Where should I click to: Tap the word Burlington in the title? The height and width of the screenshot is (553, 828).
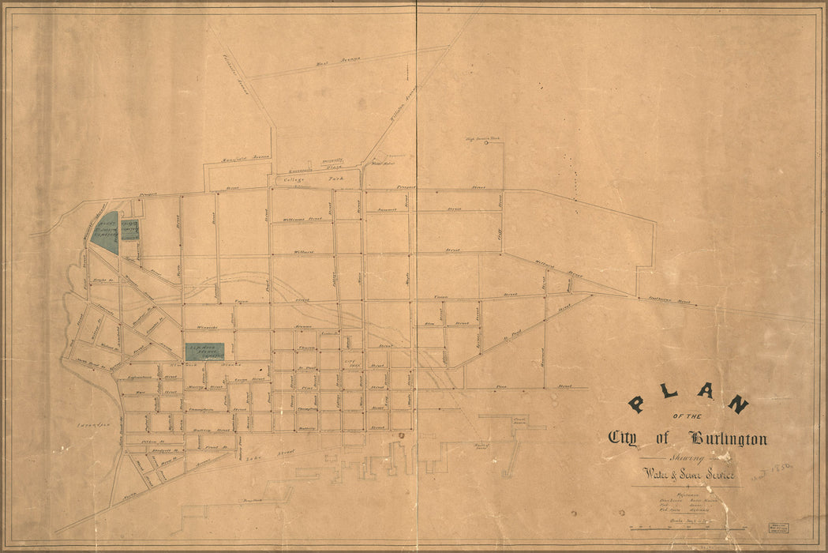[727, 438]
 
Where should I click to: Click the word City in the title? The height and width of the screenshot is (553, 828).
[623, 438]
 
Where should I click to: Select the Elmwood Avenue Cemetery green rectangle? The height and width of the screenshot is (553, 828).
[204, 352]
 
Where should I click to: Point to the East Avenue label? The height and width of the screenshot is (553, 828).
[332, 60]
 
